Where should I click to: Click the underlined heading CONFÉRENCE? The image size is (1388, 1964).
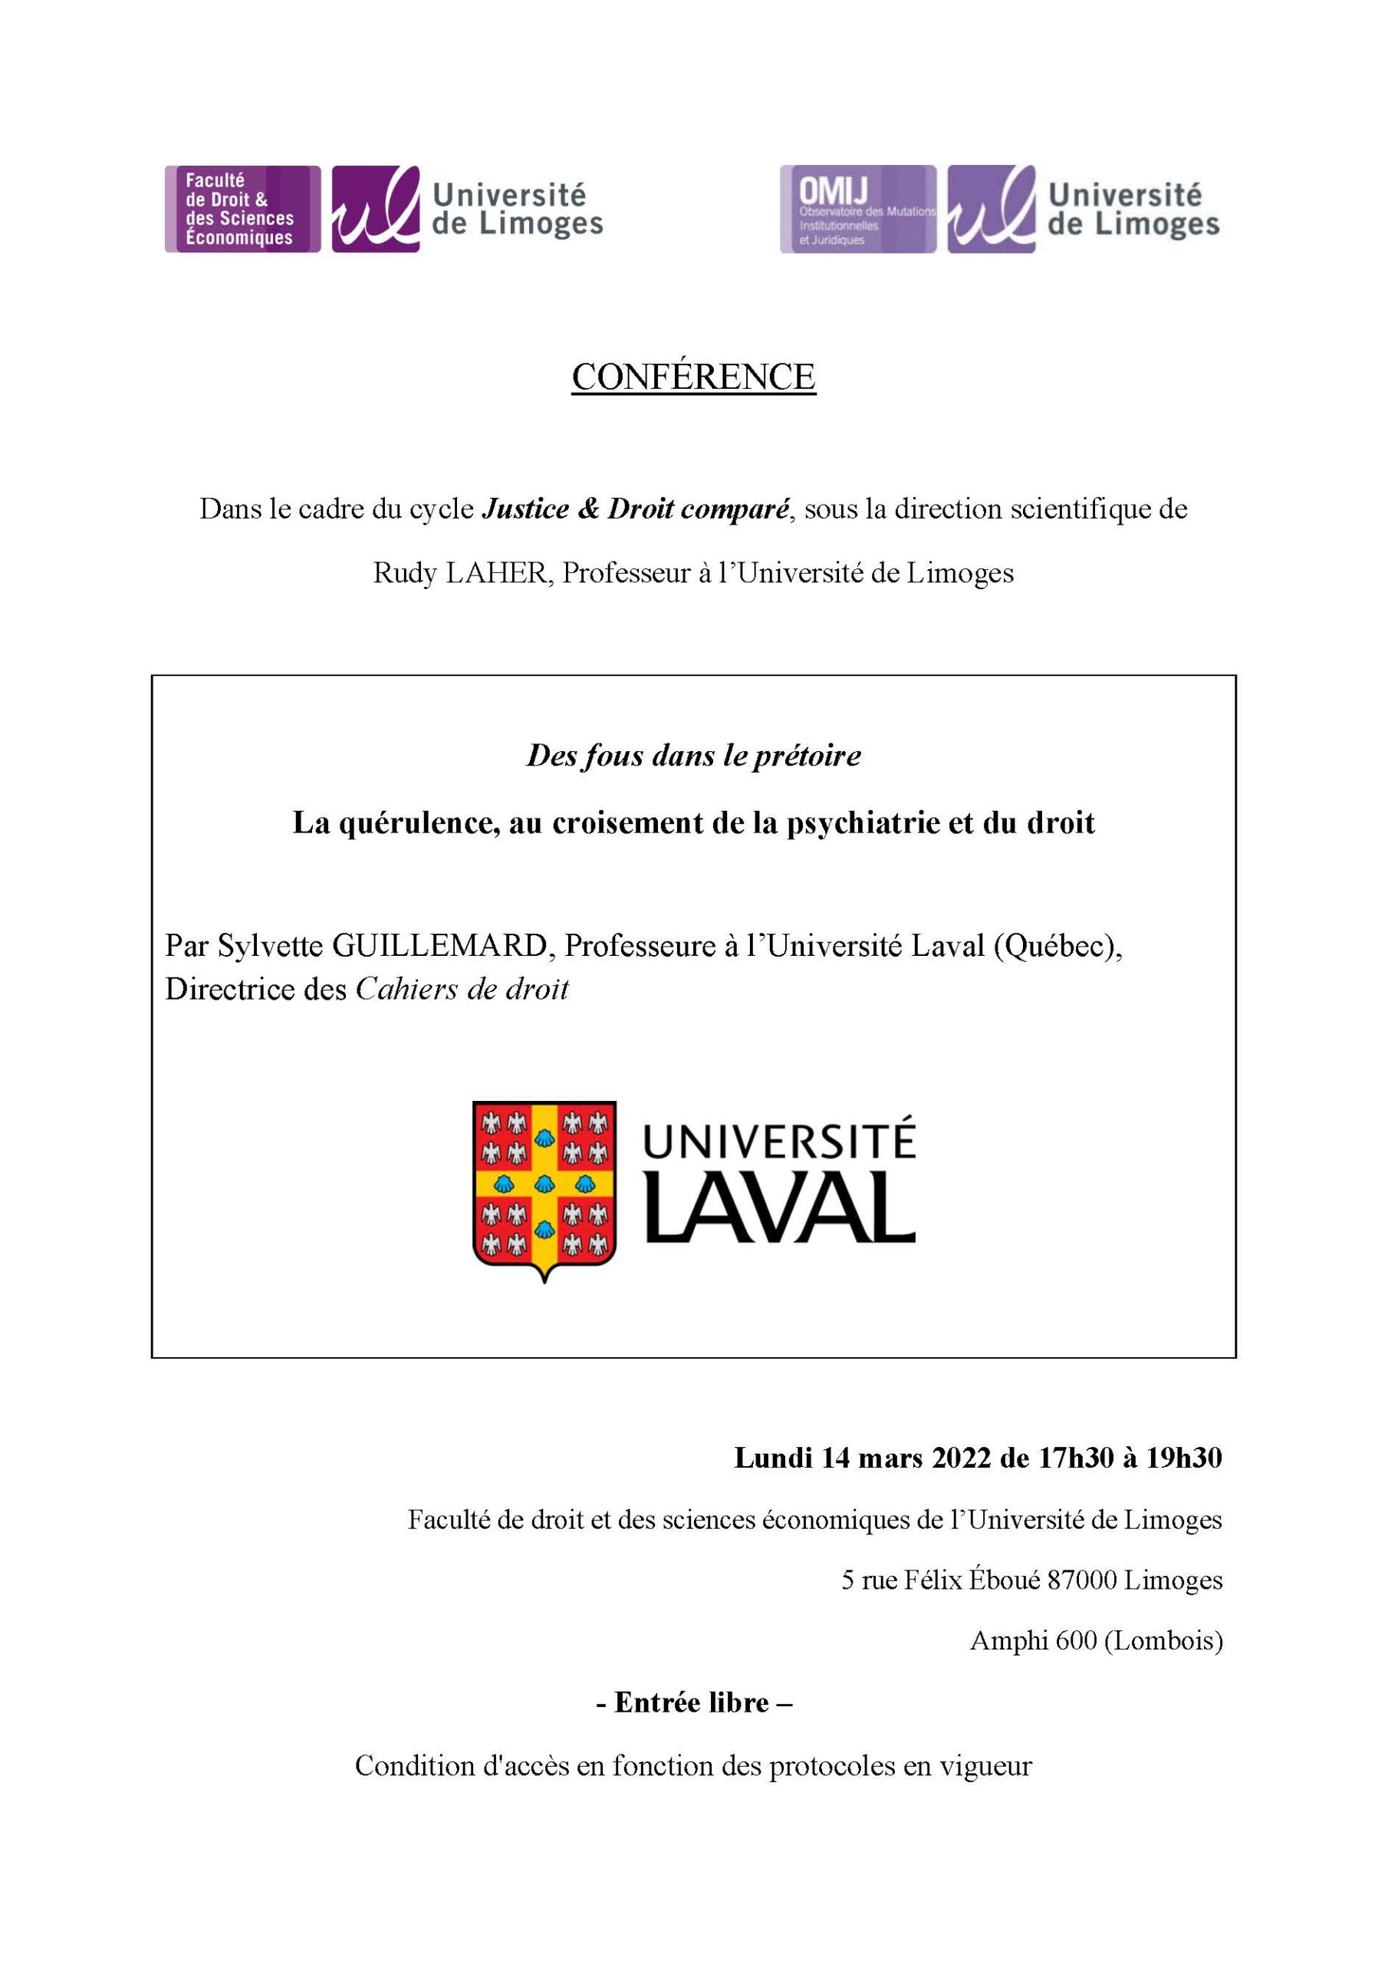(693, 377)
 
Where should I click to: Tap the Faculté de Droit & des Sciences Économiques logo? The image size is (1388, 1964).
(242, 209)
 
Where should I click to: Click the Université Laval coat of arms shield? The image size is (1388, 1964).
(544, 1188)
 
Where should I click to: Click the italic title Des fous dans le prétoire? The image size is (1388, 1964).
(693, 756)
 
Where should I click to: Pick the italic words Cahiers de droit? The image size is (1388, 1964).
(462, 990)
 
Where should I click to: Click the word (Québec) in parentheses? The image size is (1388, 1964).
(1057, 946)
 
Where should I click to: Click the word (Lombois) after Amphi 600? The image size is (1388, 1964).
(1163, 1641)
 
